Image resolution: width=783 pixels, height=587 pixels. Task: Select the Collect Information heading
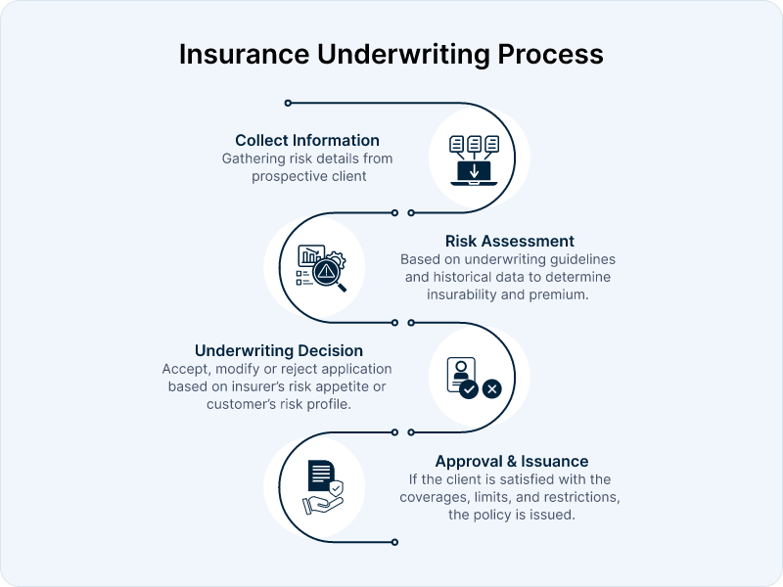pos(307,140)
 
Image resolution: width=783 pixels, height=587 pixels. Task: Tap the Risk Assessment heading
pos(509,241)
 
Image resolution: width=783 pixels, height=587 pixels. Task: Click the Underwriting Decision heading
pos(279,350)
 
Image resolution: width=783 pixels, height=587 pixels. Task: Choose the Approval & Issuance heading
pos(512,461)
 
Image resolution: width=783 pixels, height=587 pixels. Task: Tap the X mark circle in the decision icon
pos(492,388)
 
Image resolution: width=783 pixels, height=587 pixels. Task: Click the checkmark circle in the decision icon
pos(469,388)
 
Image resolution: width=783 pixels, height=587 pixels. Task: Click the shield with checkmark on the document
pos(337,486)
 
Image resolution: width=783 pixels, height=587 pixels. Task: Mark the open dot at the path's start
pos(287,103)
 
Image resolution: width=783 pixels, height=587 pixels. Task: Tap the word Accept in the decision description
pos(186,369)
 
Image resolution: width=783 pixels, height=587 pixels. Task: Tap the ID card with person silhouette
pos(460,372)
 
